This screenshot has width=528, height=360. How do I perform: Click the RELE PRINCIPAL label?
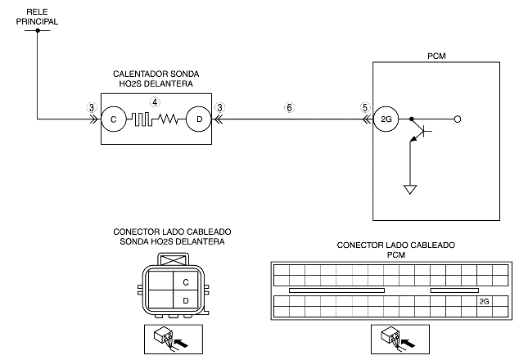point(37,17)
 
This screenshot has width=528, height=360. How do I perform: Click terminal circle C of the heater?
point(114,119)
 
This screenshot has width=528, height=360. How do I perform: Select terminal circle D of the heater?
point(199,119)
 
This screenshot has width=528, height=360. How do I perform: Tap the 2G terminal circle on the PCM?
point(386,119)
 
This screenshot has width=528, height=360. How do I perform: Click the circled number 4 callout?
point(155,102)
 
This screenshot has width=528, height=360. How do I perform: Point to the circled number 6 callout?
point(289,108)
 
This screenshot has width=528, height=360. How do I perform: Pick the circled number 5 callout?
point(365,108)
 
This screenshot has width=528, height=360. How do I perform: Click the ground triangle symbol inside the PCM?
point(410,190)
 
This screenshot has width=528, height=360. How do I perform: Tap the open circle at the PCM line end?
point(458,119)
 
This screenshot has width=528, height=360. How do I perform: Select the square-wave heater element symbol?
point(142,119)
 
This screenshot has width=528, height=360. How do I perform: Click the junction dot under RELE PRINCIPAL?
point(38,30)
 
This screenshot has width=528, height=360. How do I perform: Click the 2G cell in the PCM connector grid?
point(485,301)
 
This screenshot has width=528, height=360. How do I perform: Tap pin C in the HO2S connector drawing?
point(186,281)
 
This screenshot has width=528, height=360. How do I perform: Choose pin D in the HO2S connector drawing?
point(186,300)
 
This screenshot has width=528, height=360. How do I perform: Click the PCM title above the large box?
point(436,56)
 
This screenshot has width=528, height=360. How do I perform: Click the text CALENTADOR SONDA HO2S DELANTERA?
point(156,79)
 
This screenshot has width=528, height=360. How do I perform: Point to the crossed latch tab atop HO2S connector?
point(173,260)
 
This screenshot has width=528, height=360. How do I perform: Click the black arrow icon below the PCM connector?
point(409,344)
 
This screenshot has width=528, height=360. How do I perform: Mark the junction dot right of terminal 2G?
point(411,119)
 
